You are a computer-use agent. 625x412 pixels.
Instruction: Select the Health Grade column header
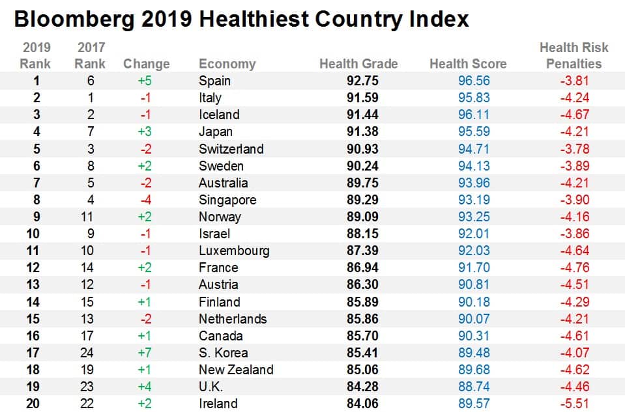[358, 64]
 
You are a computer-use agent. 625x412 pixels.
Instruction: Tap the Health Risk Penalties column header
[574, 55]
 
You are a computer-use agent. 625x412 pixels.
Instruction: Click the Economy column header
[227, 64]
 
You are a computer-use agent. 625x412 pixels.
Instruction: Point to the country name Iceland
[219, 115]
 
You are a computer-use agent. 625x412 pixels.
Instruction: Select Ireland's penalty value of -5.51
[574, 404]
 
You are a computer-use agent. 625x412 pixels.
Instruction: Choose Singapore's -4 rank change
[146, 200]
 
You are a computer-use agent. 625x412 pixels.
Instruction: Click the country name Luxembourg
[234, 251]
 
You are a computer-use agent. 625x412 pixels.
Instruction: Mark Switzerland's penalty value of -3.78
[574, 148]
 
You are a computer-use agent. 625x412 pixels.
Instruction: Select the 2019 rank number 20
[33, 404]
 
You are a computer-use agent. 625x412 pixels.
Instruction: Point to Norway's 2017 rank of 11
[90, 217]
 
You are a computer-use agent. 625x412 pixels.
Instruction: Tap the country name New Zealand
[236, 370]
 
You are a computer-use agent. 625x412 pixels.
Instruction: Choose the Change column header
[146, 64]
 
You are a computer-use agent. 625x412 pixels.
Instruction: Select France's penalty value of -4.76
[574, 268]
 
